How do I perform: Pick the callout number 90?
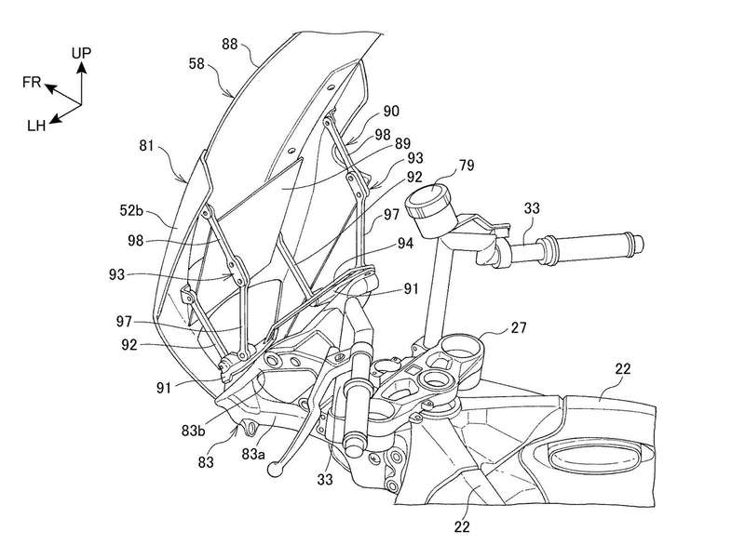pos(391,111)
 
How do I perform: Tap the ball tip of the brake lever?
pos(277,471)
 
